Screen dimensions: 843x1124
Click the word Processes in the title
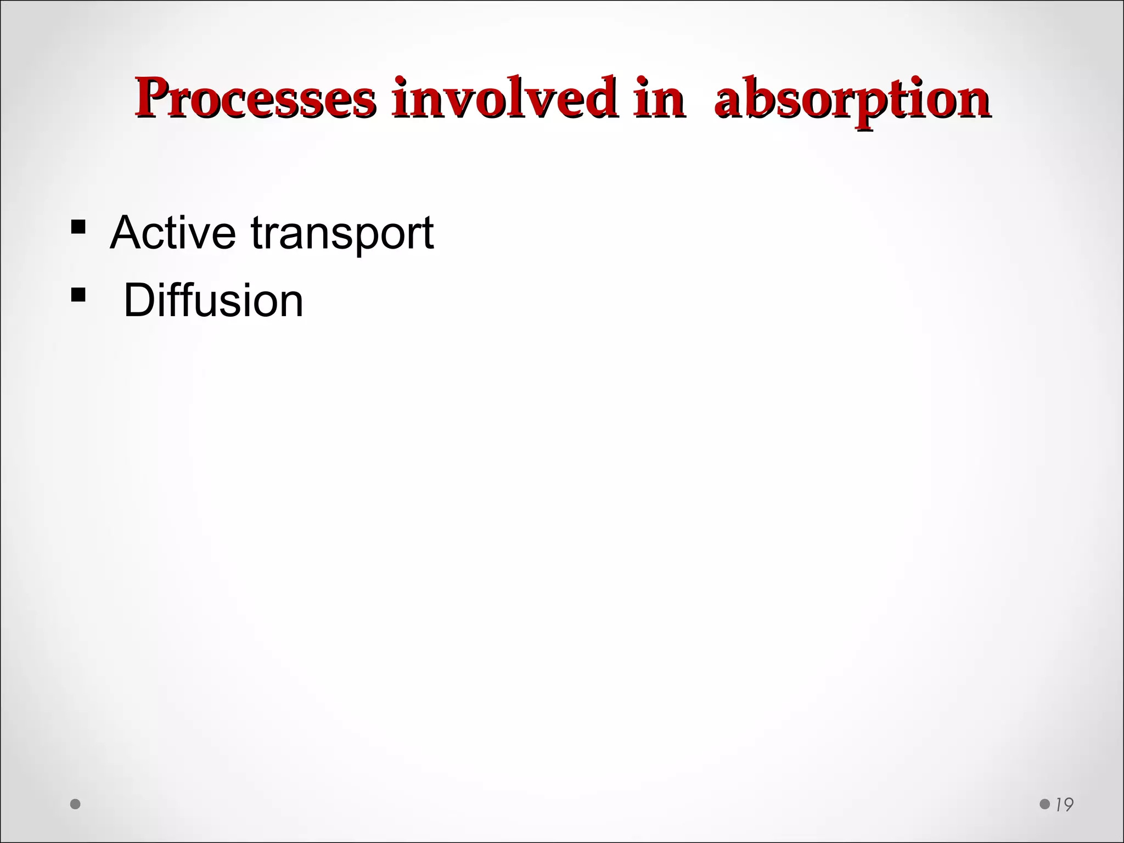click(x=255, y=99)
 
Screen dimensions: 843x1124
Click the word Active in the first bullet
click(x=173, y=233)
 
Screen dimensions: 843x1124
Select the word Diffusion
click(x=213, y=300)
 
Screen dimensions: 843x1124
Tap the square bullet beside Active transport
click(x=78, y=227)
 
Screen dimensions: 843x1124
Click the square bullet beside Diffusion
click(x=78, y=295)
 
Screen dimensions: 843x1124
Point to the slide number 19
click(x=1064, y=805)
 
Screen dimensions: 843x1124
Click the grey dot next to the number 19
click(x=1045, y=804)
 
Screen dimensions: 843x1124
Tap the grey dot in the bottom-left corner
click(x=76, y=804)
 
